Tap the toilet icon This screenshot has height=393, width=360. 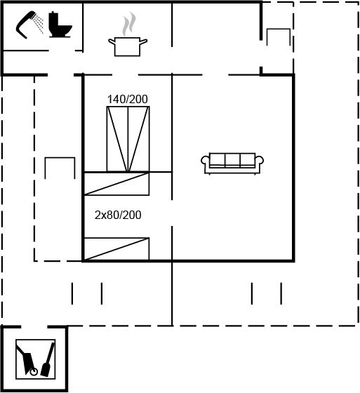(60, 25)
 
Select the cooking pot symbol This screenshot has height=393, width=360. (128, 47)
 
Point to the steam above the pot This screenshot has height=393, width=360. (129, 24)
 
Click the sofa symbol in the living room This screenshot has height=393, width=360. (232, 164)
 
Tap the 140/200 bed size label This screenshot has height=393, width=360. (128, 99)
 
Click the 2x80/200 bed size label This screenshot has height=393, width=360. (118, 215)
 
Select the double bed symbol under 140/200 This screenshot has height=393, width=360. (128, 139)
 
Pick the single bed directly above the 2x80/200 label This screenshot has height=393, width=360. (116, 184)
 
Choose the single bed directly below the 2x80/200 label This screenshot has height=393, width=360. (116, 249)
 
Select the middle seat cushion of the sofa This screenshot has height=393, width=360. (232, 160)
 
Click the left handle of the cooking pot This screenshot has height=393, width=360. (112, 41)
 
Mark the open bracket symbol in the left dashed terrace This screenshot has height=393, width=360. (60, 159)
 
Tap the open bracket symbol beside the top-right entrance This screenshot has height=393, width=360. (279, 29)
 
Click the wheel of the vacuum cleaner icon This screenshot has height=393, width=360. (34, 372)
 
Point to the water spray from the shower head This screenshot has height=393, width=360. (39, 24)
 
